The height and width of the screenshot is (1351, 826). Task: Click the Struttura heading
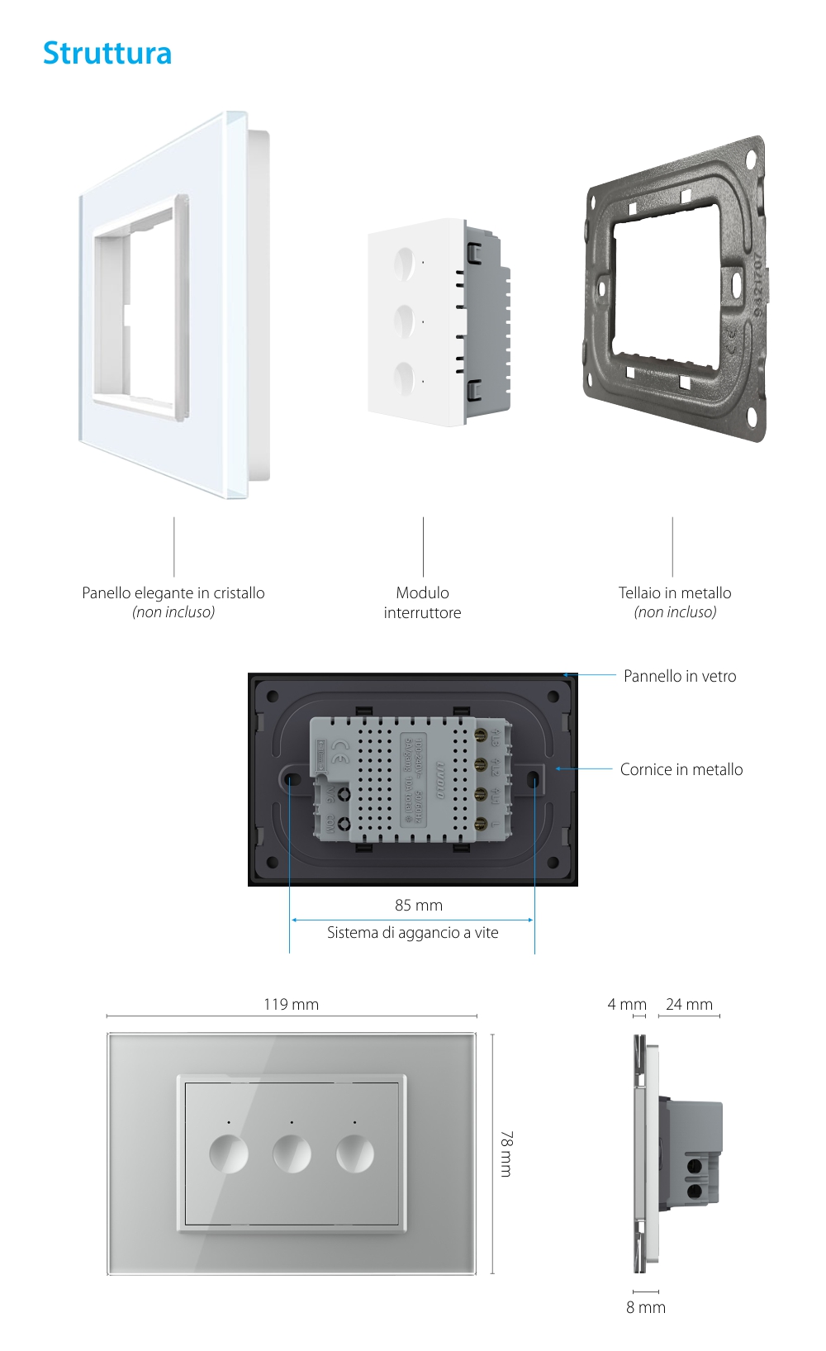tap(107, 54)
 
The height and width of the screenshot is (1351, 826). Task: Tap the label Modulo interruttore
tap(422, 602)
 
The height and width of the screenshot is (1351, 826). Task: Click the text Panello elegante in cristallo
tap(173, 592)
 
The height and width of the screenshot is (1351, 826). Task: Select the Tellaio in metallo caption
tap(675, 592)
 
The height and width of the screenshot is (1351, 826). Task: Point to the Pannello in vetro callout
tap(680, 676)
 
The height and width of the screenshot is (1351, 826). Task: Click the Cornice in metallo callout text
tap(681, 769)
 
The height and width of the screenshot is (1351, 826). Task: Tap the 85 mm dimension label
tap(418, 905)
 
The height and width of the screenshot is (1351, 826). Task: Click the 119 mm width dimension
tap(291, 1004)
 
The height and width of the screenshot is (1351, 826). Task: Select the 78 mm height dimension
tap(506, 1154)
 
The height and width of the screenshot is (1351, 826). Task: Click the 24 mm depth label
tap(689, 1004)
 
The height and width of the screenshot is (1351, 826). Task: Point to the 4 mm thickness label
tap(626, 1004)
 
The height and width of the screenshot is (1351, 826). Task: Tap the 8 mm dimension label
tap(645, 1307)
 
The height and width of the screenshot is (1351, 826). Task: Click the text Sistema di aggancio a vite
tap(412, 932)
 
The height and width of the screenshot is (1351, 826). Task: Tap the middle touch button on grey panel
tap(292, 1154)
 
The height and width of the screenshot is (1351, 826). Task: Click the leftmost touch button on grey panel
tap(229, 1154)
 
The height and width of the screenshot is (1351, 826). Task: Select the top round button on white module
tap(404, 263)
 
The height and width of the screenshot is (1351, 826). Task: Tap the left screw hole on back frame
tap(292, 778)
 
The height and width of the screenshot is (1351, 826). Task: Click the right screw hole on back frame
tap(534, 778)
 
